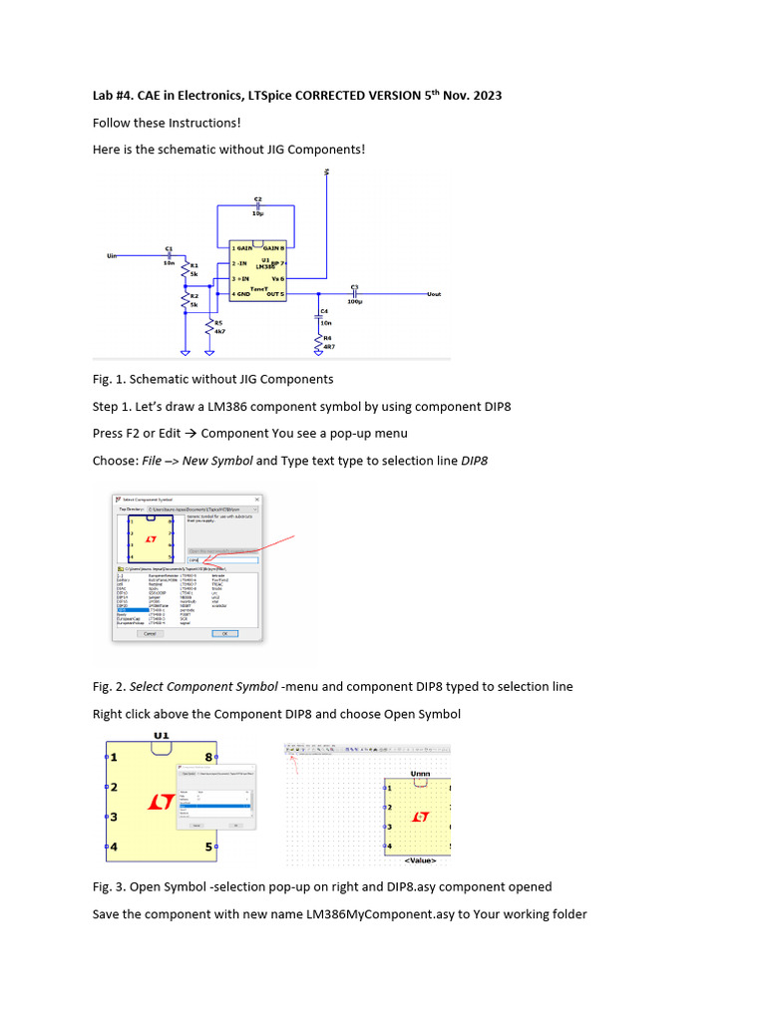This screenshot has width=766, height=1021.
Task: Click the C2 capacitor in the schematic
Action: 257,205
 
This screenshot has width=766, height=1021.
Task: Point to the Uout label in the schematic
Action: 433,294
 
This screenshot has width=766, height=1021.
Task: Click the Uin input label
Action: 112,256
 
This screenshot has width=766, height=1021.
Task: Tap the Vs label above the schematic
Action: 326,173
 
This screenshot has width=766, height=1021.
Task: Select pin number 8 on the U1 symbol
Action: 208,757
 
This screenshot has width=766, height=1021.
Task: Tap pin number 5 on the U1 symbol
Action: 208,848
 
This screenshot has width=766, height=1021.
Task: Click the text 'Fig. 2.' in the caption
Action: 108,686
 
